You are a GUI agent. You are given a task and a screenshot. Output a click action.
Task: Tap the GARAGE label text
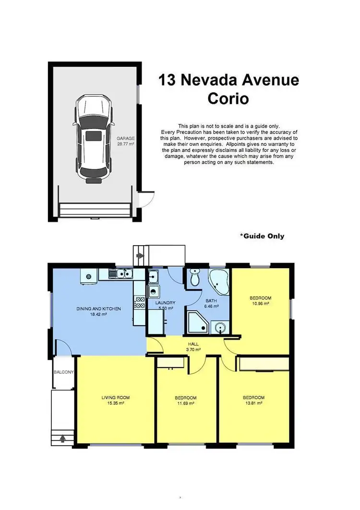click(126, 138)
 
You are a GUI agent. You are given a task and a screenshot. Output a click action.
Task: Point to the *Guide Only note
click(262, 236)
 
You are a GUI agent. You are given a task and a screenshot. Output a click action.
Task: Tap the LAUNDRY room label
click(165, 303)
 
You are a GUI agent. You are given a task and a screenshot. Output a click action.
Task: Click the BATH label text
click(211, 301)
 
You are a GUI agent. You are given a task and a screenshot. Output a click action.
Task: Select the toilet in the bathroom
click(195, 277)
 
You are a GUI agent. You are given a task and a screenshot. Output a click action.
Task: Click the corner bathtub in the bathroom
click(220, 282)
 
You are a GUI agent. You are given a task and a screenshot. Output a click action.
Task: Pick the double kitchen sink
click(120, 274)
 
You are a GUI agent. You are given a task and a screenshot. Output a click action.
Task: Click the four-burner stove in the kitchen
click(140, 302)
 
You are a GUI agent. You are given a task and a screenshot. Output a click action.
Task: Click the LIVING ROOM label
click(115, 398)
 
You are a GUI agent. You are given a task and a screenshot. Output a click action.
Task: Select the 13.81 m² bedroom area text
click(253, 404)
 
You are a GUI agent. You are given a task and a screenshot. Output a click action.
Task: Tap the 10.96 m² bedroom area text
click(260, 304)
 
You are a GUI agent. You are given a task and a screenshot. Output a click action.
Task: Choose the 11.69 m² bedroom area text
click(185, 404)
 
